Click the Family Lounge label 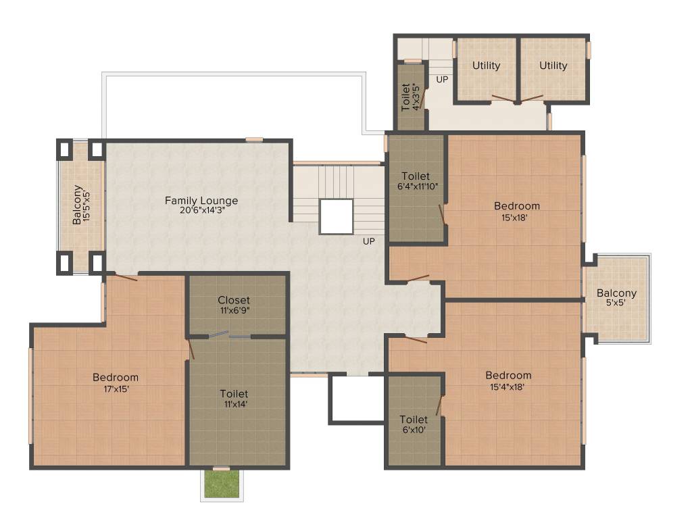point(201,201)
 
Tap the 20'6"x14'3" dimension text point(201,210)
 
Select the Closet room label point(234,300)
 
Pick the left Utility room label point(487,66)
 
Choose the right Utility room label point(553,66)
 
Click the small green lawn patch point(222,483)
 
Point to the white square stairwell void point(337,216)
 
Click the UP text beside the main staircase point(369,241)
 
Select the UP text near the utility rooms point(442,79)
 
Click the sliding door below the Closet point(229,335)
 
